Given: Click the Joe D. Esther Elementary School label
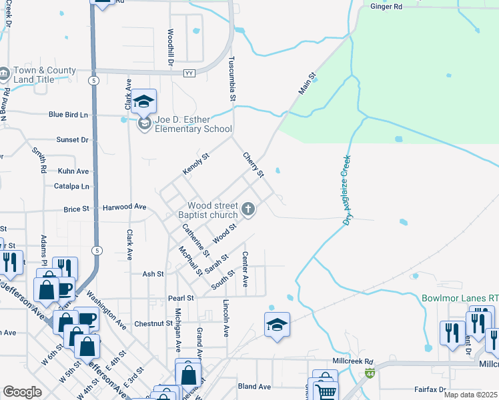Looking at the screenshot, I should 193,125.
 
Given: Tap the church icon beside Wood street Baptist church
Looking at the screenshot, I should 248,210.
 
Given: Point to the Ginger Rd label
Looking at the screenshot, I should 386,7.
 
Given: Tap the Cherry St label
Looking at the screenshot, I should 254,164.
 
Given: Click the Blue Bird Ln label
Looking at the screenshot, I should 68,115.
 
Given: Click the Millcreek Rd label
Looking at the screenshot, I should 352,361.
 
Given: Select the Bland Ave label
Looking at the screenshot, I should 254,386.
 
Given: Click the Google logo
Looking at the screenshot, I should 22,392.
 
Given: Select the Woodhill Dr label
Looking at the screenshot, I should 171,47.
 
